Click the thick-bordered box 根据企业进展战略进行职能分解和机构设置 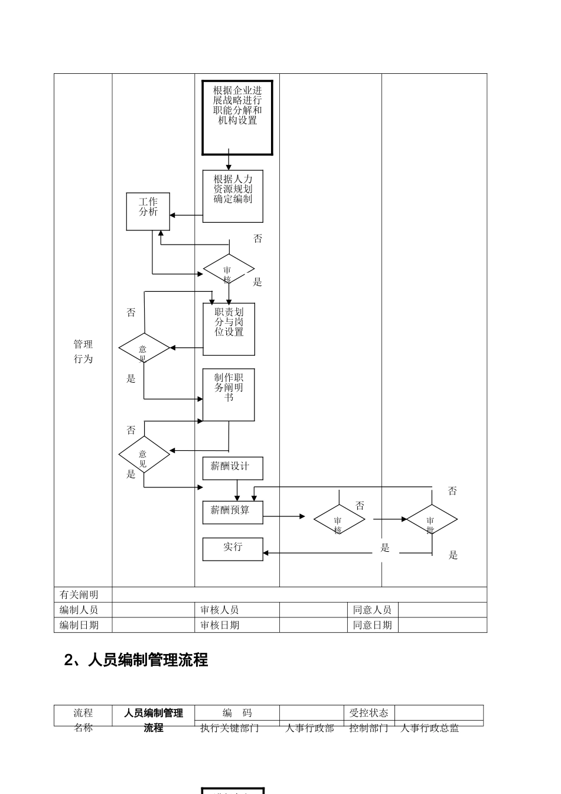[x=237, y=118]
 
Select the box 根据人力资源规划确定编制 [x=233, y=196]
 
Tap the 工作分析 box [x=148, y=211]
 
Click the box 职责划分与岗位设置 [x=229, y=329]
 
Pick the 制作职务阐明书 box [x=229, y=395]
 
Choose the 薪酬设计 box [x=233, y=468]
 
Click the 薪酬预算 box [x=233, y=512]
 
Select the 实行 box [x=233, y=549]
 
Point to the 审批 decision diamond [x=432, y=520]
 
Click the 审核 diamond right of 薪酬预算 [x=339, y=520]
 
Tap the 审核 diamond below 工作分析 [x=229, y=269]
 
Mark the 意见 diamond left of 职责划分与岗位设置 [x=144, y=349]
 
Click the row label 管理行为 [x=83, y=352]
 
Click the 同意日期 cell [x=373, y=625]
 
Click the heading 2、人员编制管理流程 [x=136, y=660]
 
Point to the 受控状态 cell [x=369, y=713]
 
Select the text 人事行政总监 [x=430, y=728]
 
